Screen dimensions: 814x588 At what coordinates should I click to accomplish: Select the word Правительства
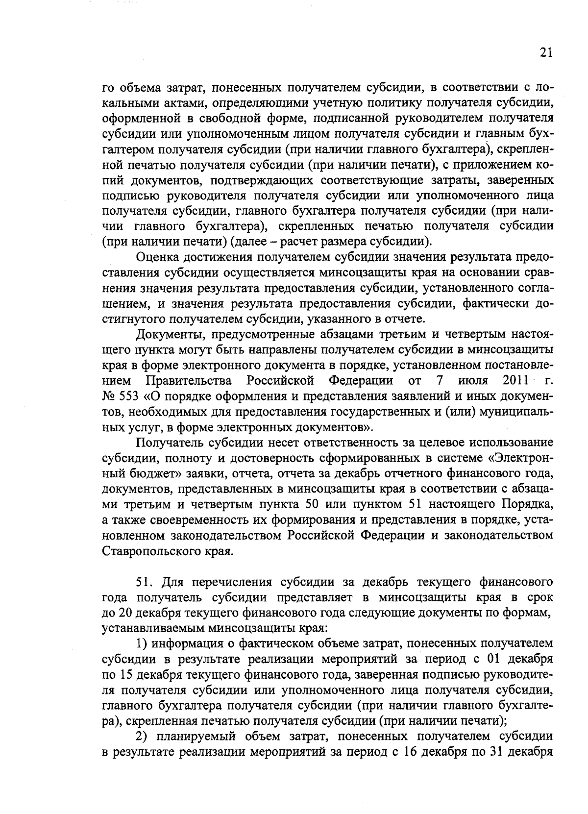click(x=189, y=380)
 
